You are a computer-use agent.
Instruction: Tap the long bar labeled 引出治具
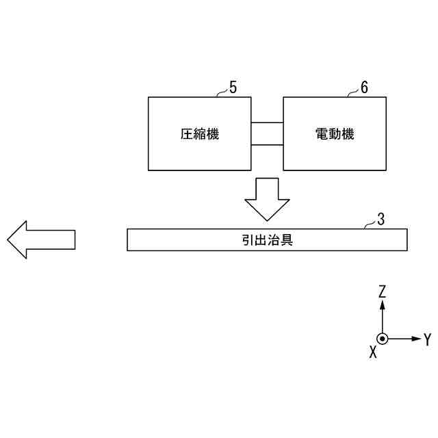[x=171, y=240]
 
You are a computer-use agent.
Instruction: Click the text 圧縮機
[x=199, y=135]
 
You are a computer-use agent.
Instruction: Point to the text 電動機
[x=335, y=135]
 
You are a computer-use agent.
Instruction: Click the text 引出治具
[x=268, y=240]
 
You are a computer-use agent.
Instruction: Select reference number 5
[x=233, y=88]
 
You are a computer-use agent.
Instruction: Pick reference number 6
[x=364, y=88]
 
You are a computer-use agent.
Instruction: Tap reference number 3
[x=381, y=220]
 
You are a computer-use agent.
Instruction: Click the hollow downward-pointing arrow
[x=268, y=198]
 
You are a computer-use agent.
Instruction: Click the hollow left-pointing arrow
[x=40, y=240]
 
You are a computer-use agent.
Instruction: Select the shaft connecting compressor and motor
[x=266, y=133]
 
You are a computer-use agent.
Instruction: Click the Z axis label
[x=382, y=291]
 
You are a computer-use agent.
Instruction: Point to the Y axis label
[x=427, y=339]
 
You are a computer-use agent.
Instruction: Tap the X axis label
[x=373, y=352]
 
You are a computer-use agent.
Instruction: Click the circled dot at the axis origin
[x=382, y=339]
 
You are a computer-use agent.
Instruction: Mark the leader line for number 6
[x=353, y=94]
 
